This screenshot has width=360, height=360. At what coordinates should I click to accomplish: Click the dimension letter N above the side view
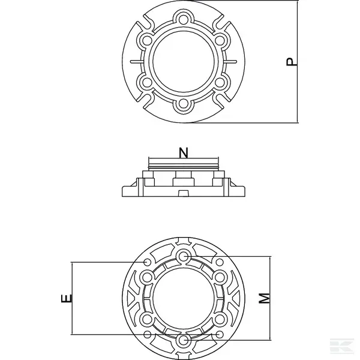click(184, 153)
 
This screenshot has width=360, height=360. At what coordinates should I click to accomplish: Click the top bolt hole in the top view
click(184, 19)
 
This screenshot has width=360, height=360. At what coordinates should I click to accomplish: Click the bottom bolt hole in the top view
click(184, 104)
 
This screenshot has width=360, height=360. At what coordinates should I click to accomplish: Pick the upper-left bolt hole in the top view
click(146, 41)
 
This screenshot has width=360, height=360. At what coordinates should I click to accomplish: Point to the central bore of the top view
click(184, 62)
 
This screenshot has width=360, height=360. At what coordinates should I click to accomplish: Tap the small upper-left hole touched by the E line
click(148, 263)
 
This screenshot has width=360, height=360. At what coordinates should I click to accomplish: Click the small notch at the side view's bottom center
click(184, 192)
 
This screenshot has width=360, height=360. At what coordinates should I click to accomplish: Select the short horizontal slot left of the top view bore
click(136, 61)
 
